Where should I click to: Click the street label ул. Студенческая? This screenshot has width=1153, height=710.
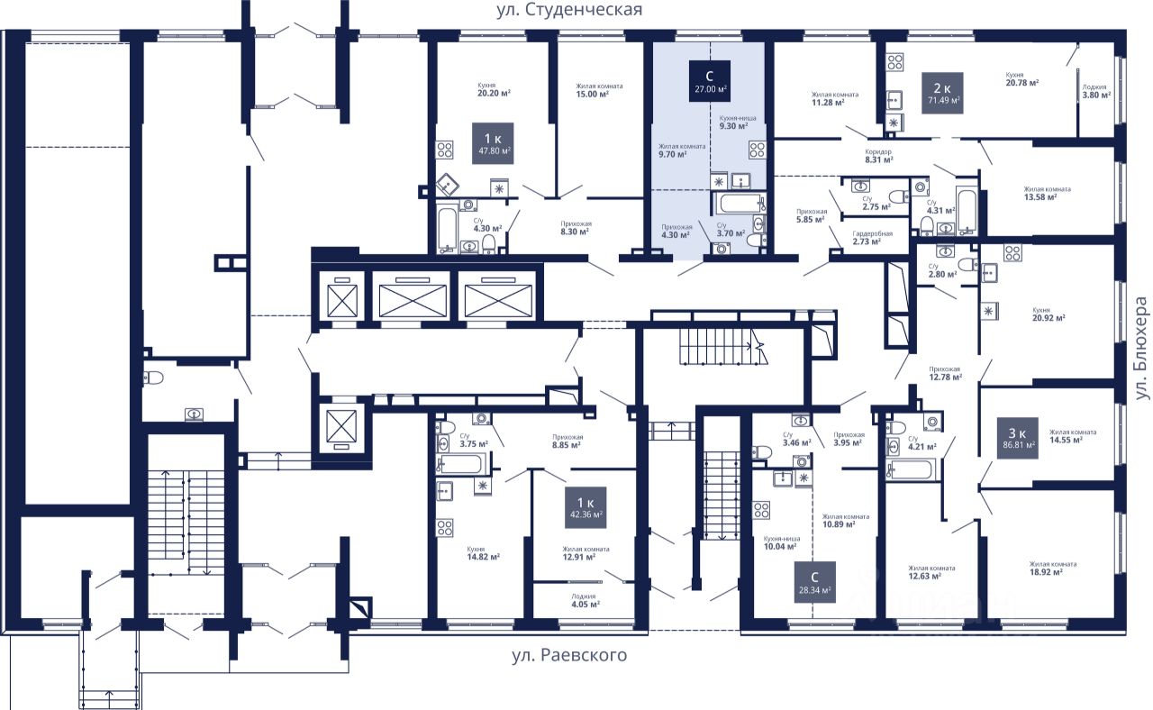[x=569, y=10]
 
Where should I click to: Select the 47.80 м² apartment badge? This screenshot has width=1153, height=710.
[x=492, y=143]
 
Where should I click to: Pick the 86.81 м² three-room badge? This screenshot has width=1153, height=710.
[x=1018, y=437]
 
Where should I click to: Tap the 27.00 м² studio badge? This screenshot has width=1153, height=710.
[x=710, y=82]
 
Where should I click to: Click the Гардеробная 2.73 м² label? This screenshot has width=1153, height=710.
[x=872, y=238]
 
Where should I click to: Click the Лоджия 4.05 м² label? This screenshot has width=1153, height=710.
[x=583, y=600]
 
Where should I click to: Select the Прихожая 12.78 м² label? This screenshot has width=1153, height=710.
[x=945, y=373]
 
